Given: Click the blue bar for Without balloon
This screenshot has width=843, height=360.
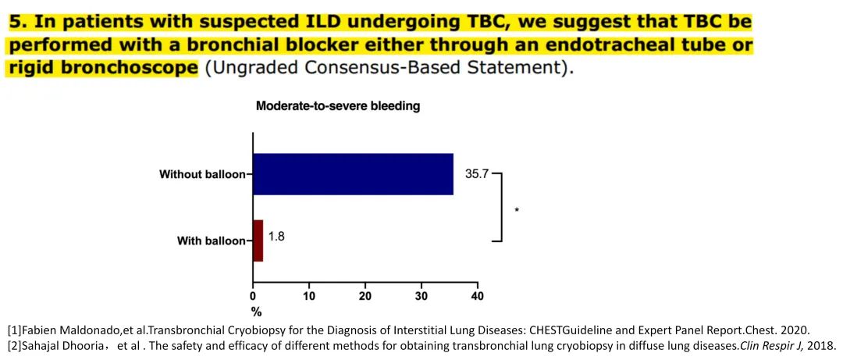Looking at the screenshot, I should [x=353, y=173].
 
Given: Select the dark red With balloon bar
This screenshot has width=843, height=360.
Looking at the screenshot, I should [x=258, y=241].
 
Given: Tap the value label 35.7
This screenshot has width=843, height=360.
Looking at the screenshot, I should [x=477, y=174].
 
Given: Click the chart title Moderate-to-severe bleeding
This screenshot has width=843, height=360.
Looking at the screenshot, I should [x=338, y=106].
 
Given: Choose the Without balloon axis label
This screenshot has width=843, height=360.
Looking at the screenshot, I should [x=202, y=174].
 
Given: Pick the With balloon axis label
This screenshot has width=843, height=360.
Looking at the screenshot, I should [x=211, y=241].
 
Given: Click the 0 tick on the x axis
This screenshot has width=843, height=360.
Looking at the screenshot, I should [x=252, y=297].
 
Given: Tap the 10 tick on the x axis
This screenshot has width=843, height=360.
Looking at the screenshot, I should [x=309, y=297].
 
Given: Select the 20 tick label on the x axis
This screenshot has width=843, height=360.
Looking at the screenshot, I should [x=365, y=297].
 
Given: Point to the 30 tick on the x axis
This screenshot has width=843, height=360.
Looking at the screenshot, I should [x=421, y=297].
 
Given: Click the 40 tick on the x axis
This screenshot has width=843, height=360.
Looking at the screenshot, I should [x=478, y=297].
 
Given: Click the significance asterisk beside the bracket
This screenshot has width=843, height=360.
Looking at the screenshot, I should [x=517, y=209].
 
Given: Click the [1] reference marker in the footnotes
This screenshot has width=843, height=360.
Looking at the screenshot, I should [x=15, y=330].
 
